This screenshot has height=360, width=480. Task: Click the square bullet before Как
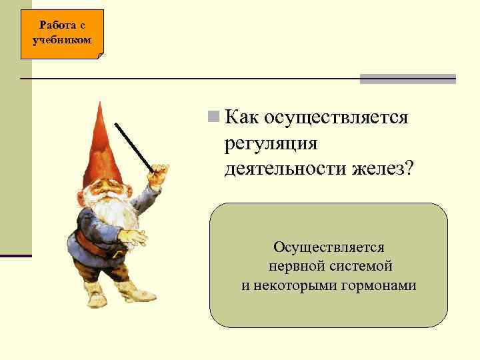213,117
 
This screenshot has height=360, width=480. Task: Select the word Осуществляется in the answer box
329,247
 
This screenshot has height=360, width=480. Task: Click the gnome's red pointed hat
100,147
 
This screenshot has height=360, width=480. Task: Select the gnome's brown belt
100,247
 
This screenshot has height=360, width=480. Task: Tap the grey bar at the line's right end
407,79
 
